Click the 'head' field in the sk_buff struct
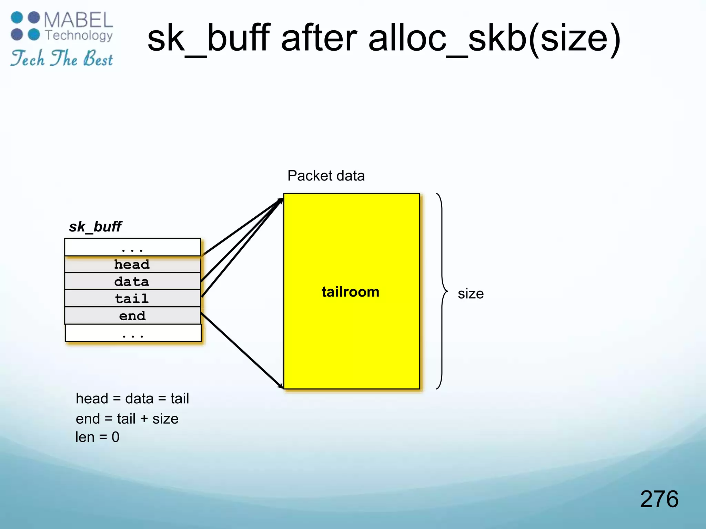tap(132, 264)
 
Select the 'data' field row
tap(132, 282)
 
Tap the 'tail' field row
tap(132, 299)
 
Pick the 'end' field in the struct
tap(132, 315)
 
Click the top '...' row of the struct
tap(132, 247)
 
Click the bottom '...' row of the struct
tap(133, 333)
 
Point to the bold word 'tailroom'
tap(350, 292)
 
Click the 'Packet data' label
tap(326, 176)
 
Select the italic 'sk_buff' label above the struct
tap(95, 227)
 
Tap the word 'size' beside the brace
tap(471, 294)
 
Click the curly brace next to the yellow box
tap(442, 291)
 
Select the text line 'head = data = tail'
tap(132, 398)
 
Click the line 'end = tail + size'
tap(127, 419)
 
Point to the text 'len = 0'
tap(97, 437)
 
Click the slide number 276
tap(659, 499)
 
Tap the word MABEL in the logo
tap(79, 20)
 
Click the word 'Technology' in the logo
tap(79, 35)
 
